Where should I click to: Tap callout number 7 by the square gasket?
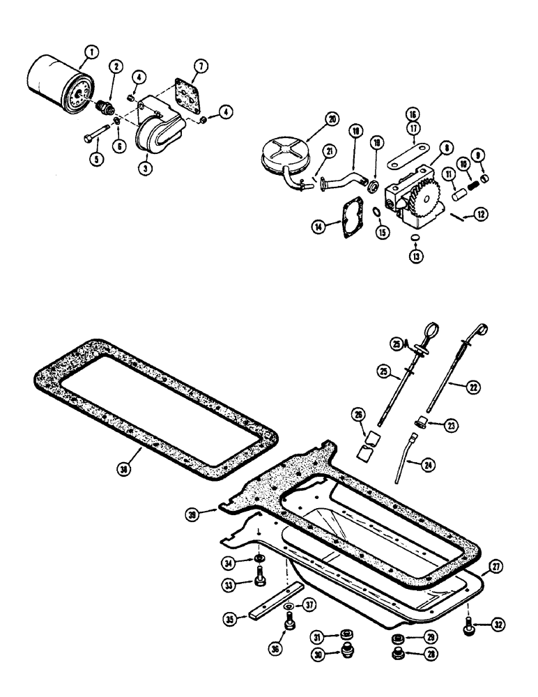pyautogui.click(x=199, y=67)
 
